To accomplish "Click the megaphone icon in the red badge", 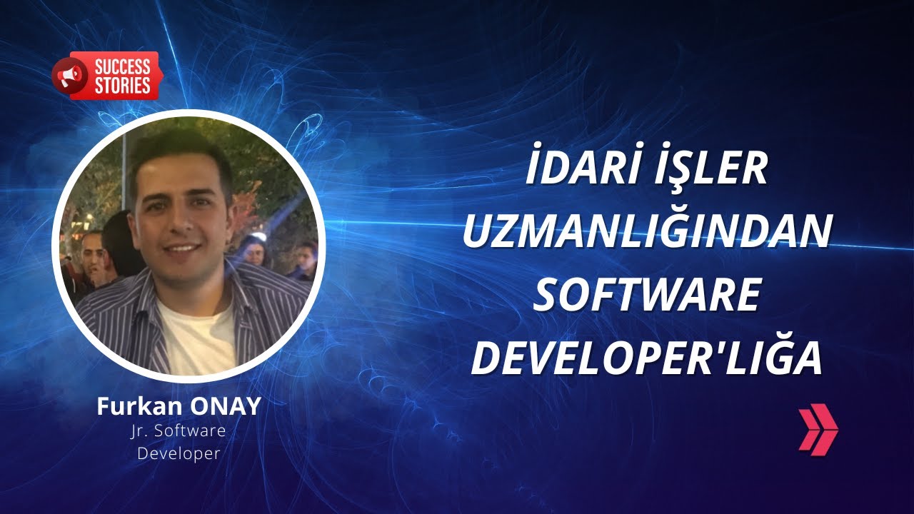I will pos(69,76).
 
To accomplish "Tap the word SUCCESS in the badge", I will pos(122,68).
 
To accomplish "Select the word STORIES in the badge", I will pos(122,86).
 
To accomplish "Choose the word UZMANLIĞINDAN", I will pos(647,233).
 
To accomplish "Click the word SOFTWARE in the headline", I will pos(646,296).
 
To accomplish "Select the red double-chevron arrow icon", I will pos(818,429).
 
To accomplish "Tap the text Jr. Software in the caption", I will pos(179,431).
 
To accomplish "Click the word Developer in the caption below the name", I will pos(179,453).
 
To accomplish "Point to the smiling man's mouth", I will pos(181,248).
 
